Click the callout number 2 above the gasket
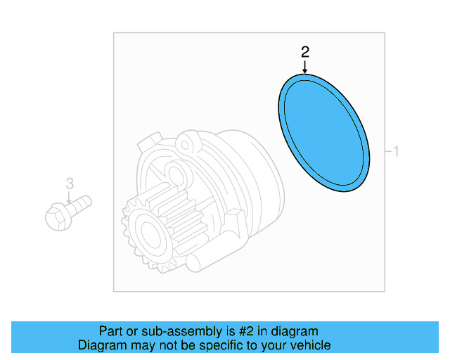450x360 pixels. [304, 51]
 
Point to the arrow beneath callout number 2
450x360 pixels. [304, 66]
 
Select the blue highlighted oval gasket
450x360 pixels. [323, 134]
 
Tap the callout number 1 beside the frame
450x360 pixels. [396, 151]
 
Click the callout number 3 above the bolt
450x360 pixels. [69, 184]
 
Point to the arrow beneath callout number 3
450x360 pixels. [69, 198]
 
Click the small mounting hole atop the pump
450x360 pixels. [186, 145]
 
